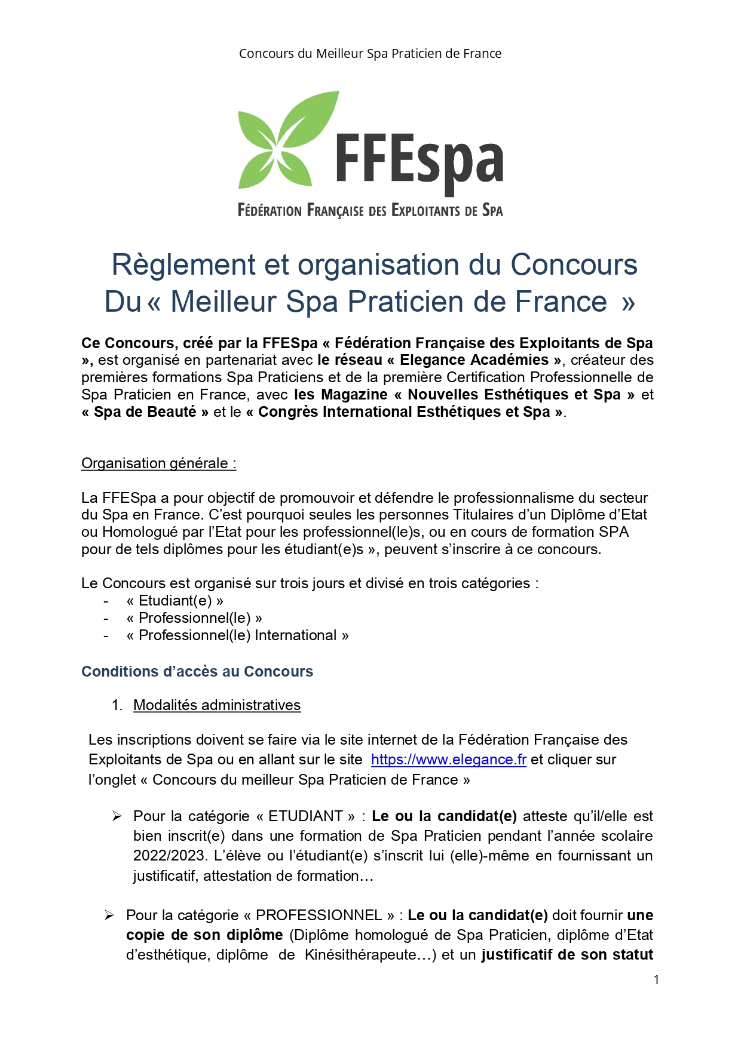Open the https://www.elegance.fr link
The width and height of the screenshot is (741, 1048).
coord(448,760)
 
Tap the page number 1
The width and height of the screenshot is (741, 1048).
coord(656,980)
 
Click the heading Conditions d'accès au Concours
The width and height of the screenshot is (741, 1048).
coord(197,671)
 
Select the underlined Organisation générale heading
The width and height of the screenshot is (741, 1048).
coord(158,463)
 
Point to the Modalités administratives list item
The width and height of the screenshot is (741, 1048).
coord(216,705)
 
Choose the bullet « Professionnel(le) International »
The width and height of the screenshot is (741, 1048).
coord(237,635)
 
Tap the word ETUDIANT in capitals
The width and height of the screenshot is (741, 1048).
coord(305,816)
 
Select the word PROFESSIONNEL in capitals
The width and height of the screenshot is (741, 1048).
coord(319,915)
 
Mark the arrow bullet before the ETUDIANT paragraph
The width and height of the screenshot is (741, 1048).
coord(117,816)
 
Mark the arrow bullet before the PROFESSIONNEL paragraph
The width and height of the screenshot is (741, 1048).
coord(109,915)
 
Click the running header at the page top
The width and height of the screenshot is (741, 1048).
coord(370,54)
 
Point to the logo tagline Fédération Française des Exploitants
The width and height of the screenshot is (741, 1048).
coord(370,210)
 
